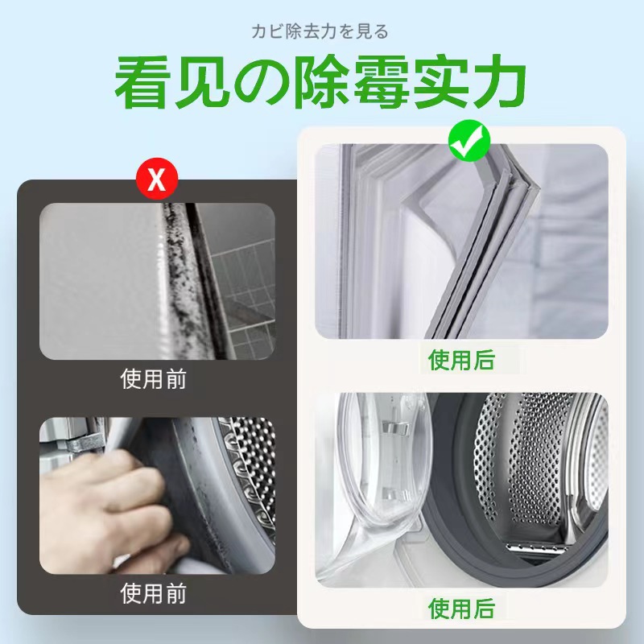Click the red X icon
[x=156, y=180]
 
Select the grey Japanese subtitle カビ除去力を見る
[x=320, y=32]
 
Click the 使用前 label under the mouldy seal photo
[x=156, y=379]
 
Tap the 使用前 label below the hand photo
[x=156, y=594]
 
